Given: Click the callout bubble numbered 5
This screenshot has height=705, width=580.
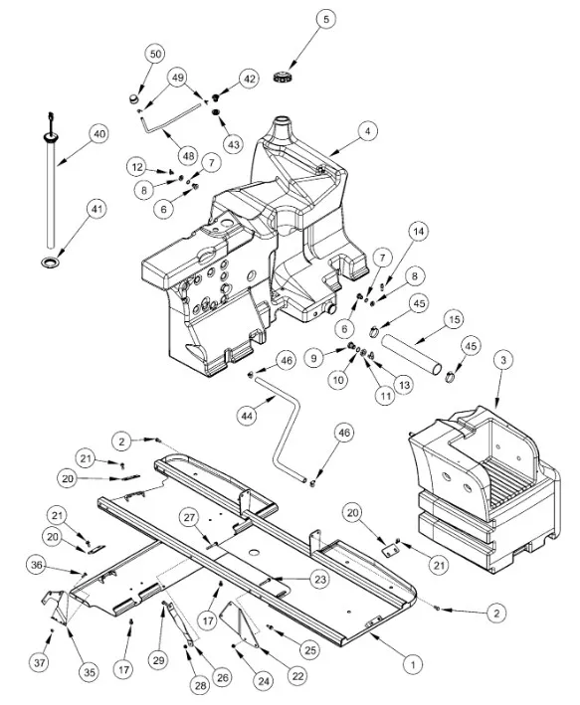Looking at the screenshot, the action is pos(325,19).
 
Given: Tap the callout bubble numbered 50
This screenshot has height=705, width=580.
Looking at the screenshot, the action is pos(155,54).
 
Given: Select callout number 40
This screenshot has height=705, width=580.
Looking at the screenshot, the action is pos(99,134).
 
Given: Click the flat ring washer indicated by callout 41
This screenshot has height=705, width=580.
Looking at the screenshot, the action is pos(51,262).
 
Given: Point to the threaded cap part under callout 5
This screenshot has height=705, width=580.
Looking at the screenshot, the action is pos(283,76).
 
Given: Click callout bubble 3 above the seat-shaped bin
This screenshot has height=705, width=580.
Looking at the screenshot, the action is pos(503,360).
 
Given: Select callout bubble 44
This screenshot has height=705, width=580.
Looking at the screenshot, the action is pos(247,416).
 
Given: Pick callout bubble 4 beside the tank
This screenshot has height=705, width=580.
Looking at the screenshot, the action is pos(368,131).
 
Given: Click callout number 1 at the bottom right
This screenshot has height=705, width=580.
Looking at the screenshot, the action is pos(413,663).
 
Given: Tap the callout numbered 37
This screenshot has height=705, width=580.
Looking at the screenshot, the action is pos(40,662).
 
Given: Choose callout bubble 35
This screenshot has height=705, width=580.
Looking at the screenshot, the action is pos(90,672).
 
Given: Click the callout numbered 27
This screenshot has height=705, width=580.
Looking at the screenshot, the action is pos(189,517).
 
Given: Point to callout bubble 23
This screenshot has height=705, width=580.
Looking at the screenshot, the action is pos(320,580).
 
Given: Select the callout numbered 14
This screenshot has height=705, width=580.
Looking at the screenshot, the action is pos(419,231).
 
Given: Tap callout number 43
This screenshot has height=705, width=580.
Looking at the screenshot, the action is pos(233,144).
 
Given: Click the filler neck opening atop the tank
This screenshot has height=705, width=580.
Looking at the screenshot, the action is pos(283,120).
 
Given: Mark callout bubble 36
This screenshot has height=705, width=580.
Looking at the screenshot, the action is pos(36,565).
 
